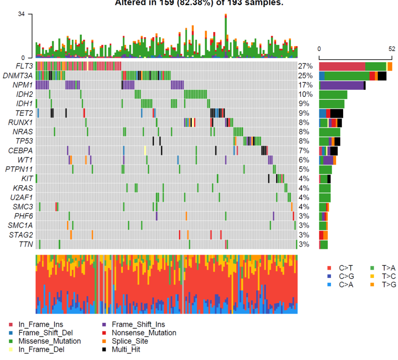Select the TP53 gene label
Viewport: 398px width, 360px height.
(x=24, y=141)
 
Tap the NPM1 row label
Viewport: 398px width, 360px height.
(x=24, y=85)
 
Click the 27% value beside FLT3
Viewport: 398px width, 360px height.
(x=306, y=66)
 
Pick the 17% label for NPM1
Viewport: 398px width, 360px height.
(x=306, y=85)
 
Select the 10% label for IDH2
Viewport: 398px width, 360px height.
(x=306, y=94)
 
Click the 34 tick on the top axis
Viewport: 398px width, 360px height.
(x=22, y=14)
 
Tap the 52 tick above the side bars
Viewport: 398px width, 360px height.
(x=391, y=49)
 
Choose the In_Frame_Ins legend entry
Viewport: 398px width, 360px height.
(x=41, y=325)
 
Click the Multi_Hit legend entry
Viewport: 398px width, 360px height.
(x=126, y=349)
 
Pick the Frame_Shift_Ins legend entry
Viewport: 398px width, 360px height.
(x=138, y=325)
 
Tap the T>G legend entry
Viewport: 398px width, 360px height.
(x=388, y=284)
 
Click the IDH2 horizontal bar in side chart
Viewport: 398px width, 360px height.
(x=333, y=94)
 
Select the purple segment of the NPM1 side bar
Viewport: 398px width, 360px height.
(x=342, y=85)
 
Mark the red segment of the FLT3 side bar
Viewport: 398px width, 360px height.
(x=342, y=66)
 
